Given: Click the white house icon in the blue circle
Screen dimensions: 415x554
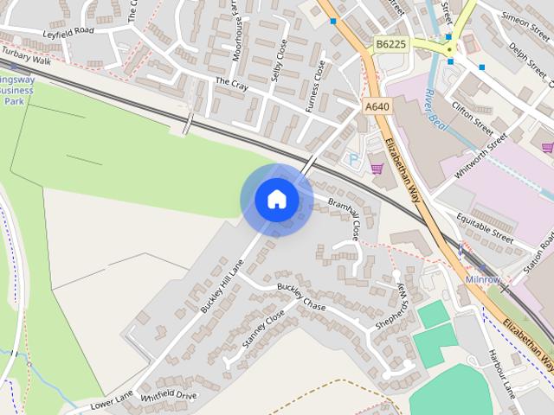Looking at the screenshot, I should pos(276,200).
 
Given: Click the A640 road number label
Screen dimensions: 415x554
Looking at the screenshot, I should pos(377,106).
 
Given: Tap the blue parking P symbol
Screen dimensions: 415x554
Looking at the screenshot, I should pos(352,158).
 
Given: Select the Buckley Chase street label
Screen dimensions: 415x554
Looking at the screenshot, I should pos(301,297).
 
